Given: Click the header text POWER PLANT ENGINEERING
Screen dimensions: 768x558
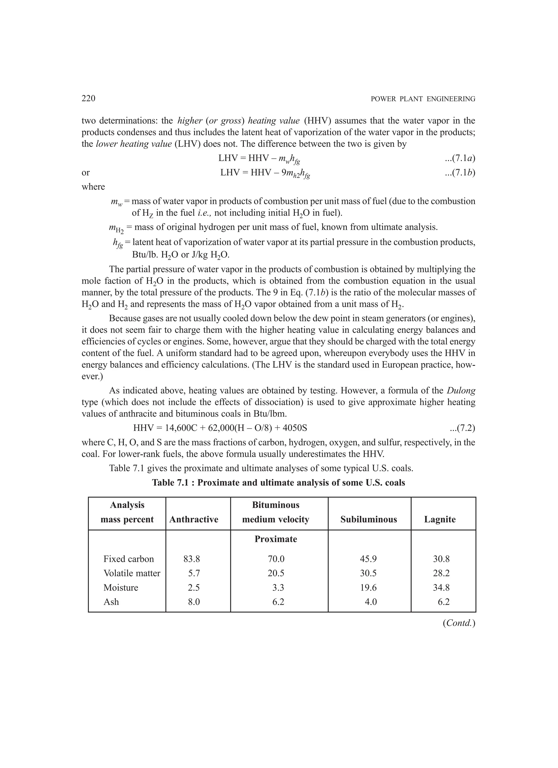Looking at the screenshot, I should click(423, 99).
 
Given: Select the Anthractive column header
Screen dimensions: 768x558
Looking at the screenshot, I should click(194, 519).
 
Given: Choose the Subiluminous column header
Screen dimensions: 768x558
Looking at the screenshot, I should click(368, 519).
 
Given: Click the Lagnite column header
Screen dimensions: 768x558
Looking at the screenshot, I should click(440, 519).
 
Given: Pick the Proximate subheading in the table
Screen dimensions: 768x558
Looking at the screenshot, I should click(276, 539).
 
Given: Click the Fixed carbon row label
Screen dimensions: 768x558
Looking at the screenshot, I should click(128, 559).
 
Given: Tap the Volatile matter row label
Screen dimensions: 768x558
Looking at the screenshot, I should click(132, 573).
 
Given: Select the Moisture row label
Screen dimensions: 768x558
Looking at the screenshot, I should click(121, 588).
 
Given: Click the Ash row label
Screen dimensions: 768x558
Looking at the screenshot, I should click(111, 602).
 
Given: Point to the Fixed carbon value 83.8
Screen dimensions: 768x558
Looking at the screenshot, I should click(192, 559).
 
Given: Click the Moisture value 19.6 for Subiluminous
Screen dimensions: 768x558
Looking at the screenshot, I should click(368, 588).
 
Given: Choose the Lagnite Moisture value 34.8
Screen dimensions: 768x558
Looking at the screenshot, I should click(441, 588).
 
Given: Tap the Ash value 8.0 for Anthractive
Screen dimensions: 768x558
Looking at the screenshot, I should click(194, 602).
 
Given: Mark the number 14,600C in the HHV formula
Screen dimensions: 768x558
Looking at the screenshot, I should click(183, 428).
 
